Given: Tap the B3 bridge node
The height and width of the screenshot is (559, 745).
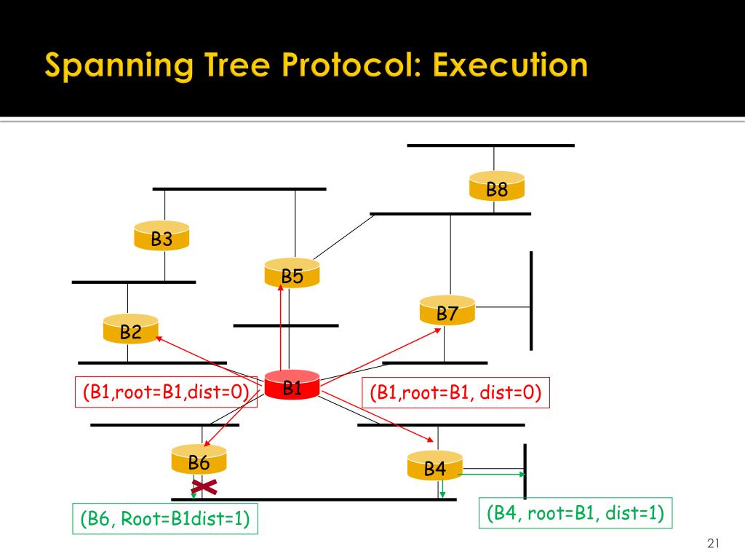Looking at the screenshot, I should click(x=162, y=237).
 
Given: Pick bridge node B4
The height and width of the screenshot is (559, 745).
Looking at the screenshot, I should click(x=434, y=467).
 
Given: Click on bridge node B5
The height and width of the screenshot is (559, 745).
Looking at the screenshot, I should click(x=292, y=274).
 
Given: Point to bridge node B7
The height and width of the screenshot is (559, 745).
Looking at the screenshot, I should click(x=447, y=312).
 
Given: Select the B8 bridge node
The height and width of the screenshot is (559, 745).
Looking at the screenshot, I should click(x=497, y=188).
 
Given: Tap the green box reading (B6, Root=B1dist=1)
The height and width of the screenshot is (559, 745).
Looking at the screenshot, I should click(x=165, y=519).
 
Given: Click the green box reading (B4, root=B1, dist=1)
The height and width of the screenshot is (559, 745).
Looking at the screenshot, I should click(x=575, y=513).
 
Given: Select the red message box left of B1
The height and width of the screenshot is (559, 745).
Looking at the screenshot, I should click(x=166, y=393).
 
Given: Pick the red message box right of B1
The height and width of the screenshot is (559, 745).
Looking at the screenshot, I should click(x=455, y=393).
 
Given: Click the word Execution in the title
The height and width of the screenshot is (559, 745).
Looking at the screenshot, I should click(x=509, y=66).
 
